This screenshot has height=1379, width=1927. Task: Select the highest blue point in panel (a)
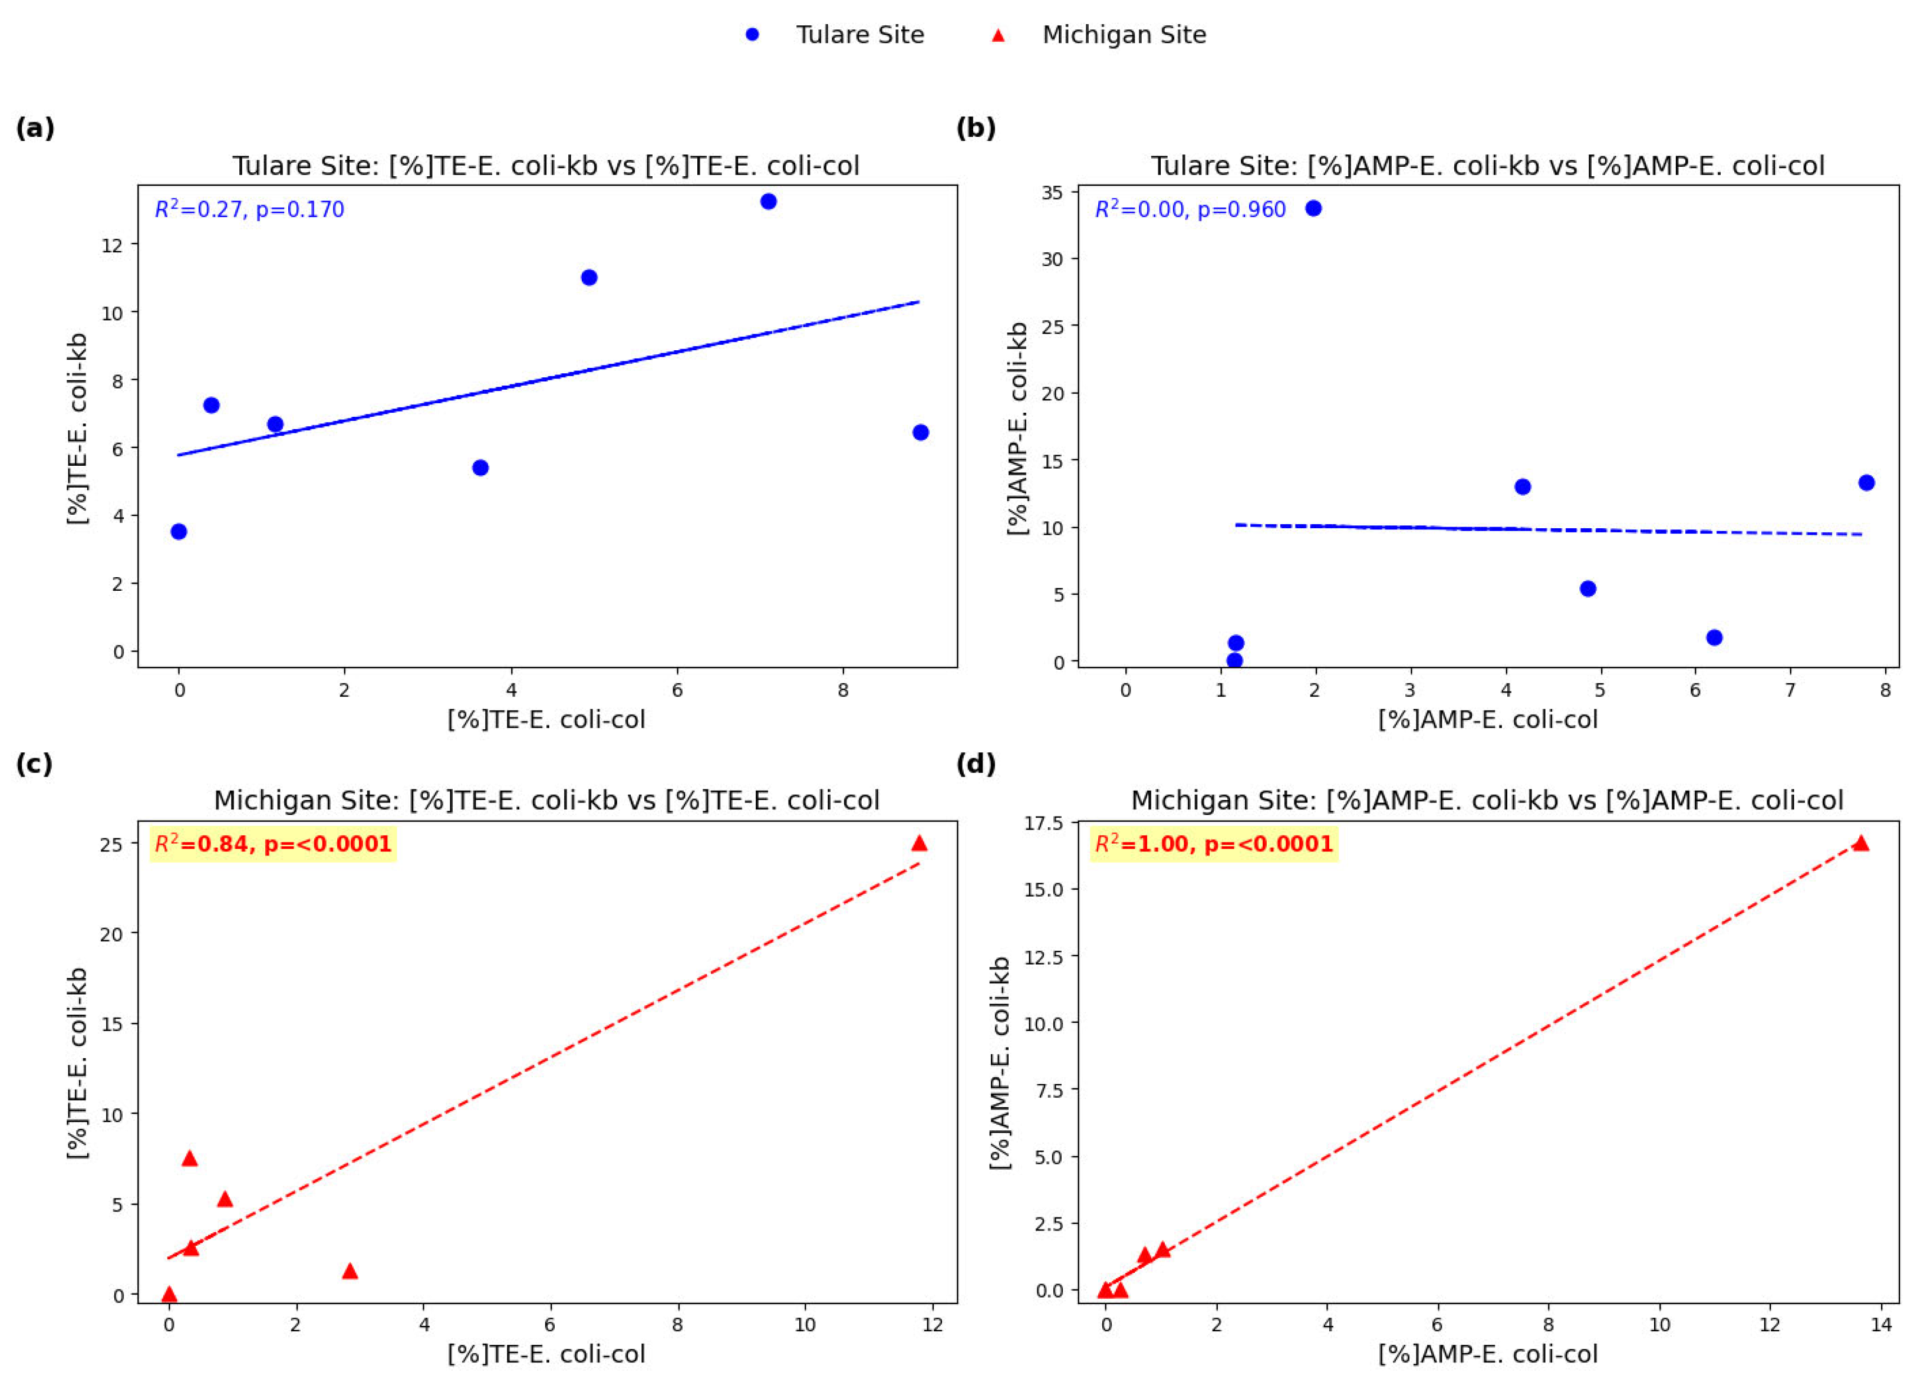[768, 201]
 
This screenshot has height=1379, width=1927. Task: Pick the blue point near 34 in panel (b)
[1313, 208]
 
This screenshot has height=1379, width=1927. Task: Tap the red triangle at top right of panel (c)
[918, 843]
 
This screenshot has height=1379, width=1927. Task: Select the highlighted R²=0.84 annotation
[272, 844]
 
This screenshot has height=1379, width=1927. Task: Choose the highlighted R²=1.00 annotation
[1214, 844]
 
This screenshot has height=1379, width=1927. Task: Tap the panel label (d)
[976, 764]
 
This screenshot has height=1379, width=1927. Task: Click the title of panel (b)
[1487, 166]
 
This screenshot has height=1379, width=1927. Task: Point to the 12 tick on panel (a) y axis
[112, 245]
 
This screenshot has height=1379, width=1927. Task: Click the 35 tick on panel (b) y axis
[1053, 193]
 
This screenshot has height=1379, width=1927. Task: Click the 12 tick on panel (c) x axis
[932, 1325]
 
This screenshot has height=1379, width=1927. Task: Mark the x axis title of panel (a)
[546, 720]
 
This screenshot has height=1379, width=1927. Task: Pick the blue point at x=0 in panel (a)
[178, 532]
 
